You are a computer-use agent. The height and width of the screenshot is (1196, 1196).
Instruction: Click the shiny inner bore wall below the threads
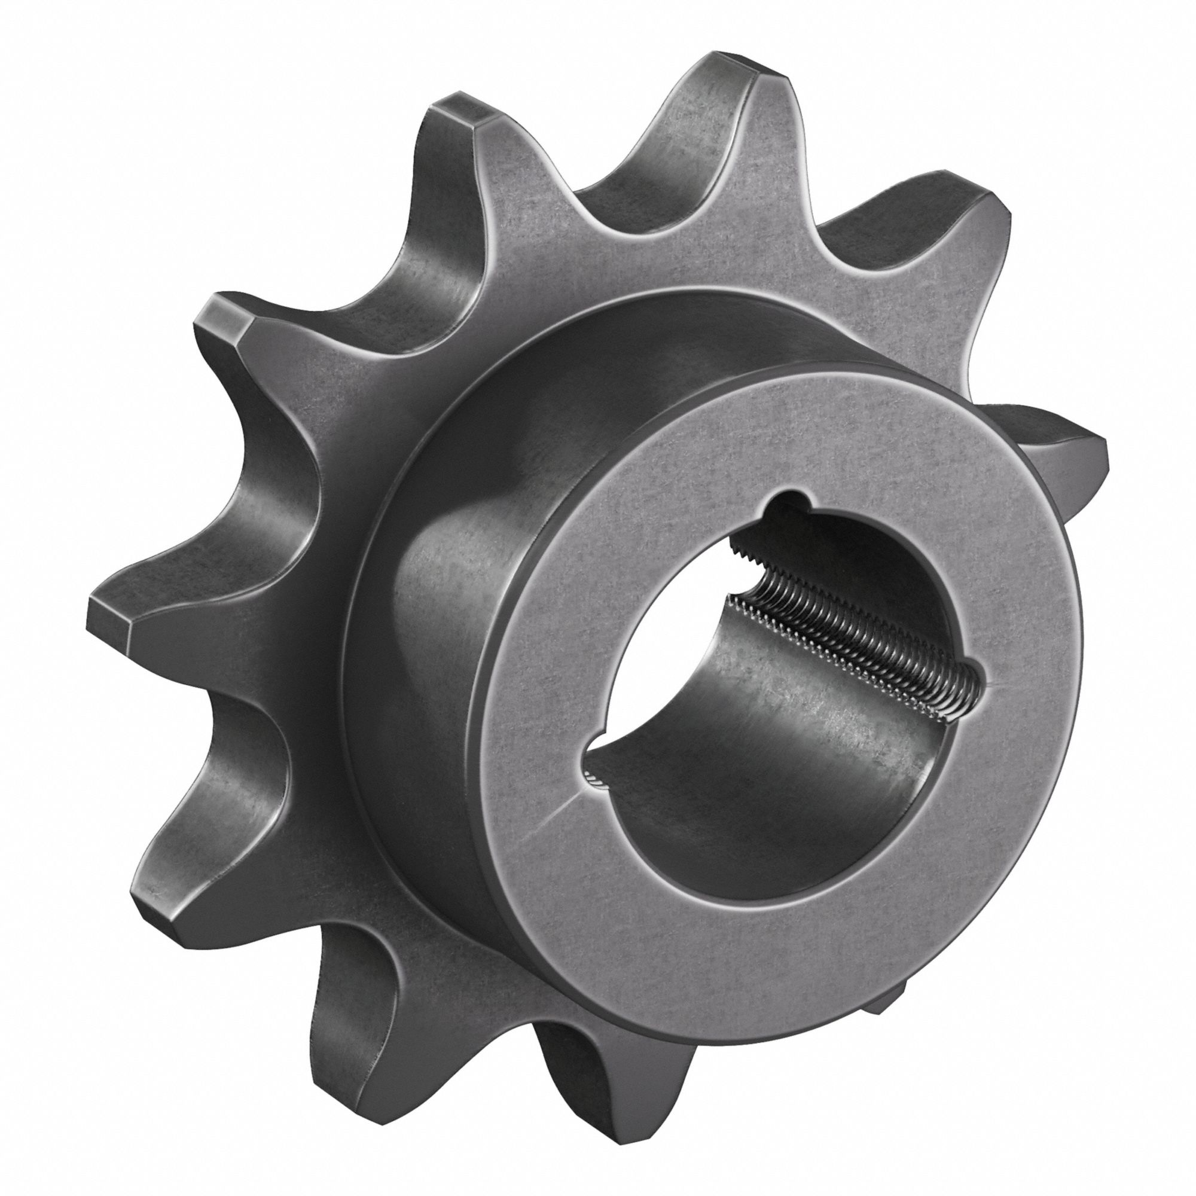click(x=774, y=700)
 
